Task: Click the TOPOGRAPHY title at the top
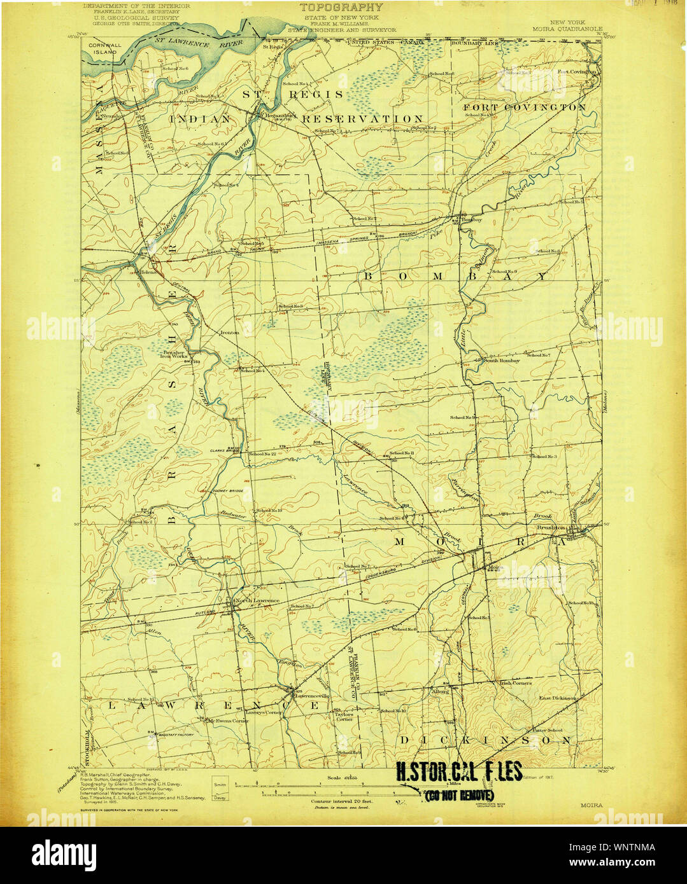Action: pyautogui.click(x=341, y=8)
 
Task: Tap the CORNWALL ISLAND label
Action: pyautogui.click(x=103, y=49)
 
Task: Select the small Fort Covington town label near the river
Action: pyautogui.click(x=577, y=72)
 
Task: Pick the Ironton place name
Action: pyautogui.click(x=229, y=333)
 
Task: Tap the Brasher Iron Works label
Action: pyautogui.click(x=173, y=354)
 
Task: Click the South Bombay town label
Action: pyautogui.click(x=502, y=361)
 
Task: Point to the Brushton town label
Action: pyautogui.click(x=551, y=527)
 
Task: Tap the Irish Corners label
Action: pyautogui.click(x=515, y=683)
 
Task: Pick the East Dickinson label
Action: pyautogui.click(x=558, y=698)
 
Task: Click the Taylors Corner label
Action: pyautogui.click(x=344, y=716)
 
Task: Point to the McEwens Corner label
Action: pyautogui.click(x=229, y=721)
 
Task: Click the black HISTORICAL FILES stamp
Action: pyautogui.click(x=458, y=771)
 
